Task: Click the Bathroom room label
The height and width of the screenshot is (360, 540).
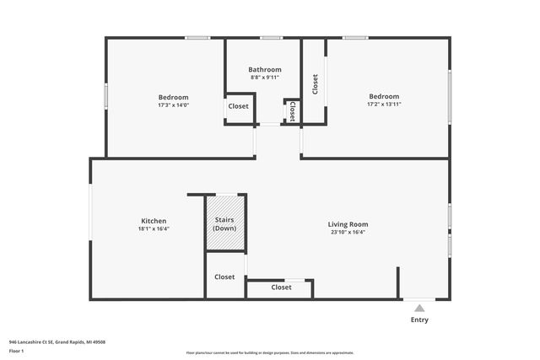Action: coord(264,69)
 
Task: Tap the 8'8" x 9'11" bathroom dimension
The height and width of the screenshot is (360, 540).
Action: coord(264,78)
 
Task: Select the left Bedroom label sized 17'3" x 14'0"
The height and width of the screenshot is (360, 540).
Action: coord(173,97)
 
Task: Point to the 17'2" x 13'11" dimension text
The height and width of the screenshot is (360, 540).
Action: coord(383,105)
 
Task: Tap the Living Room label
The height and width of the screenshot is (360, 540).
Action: coord(348,224)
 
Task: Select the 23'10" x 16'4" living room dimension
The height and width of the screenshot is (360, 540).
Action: coord(348,233)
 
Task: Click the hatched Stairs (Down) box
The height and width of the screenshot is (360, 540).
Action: coord(224,223)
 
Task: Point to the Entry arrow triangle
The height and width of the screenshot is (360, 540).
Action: coord(419,309)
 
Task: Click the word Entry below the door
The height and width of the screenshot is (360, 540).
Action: coord(419,320)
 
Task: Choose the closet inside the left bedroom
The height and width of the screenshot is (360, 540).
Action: coord(238,106)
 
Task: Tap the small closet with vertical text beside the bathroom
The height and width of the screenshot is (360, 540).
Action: coord(293,110)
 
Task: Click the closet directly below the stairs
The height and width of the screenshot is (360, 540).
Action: coord(224,277)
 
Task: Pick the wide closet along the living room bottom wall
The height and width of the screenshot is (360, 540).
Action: coord(281,287)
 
